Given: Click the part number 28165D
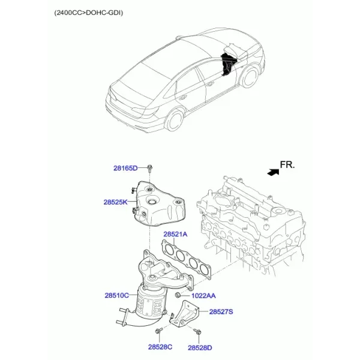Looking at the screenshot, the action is tap(125, 168).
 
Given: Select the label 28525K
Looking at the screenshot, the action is tap(115, 202).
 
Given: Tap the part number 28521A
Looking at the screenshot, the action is tap(175, 235).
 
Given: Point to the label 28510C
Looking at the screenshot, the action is tap(117, 295).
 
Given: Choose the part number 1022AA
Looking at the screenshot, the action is tap(203, 296).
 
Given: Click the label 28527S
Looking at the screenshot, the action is tap(221, 312).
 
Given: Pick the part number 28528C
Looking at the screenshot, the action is tap(160, 347).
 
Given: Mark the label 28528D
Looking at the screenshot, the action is tap(200, 348).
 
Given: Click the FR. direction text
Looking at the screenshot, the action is tap(287, 165).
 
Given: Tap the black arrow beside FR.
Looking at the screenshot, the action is tap(274, 172).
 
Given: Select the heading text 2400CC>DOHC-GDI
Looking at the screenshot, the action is tap(89, 13).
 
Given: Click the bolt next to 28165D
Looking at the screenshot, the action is tap(149, 169).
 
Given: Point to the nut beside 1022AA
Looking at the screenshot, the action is tap(177, 295).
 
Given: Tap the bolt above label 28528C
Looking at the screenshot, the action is tap(159, 331).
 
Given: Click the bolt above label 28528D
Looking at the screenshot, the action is tap(197, 331).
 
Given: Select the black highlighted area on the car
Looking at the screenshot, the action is tap(227, 64).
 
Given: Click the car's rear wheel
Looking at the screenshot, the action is tap(175, 120).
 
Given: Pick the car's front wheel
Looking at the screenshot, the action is tap(250, 77).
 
